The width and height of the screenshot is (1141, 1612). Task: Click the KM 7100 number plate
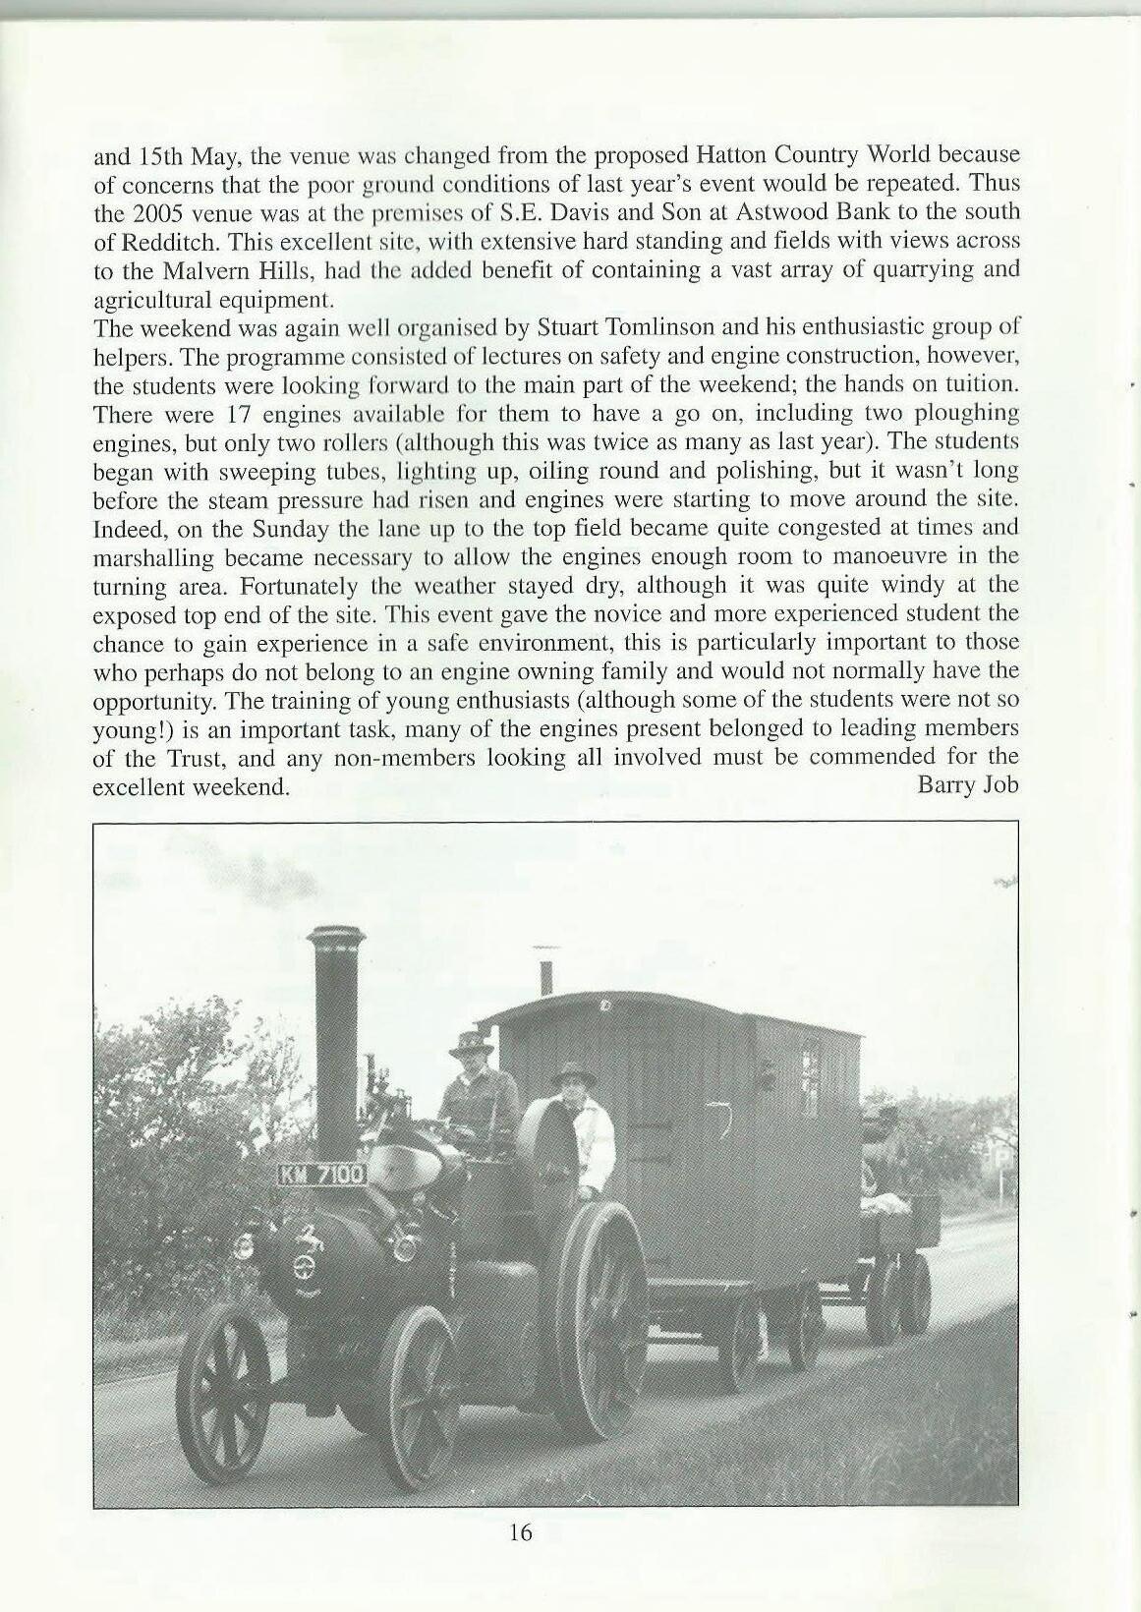click(323, 1174)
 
